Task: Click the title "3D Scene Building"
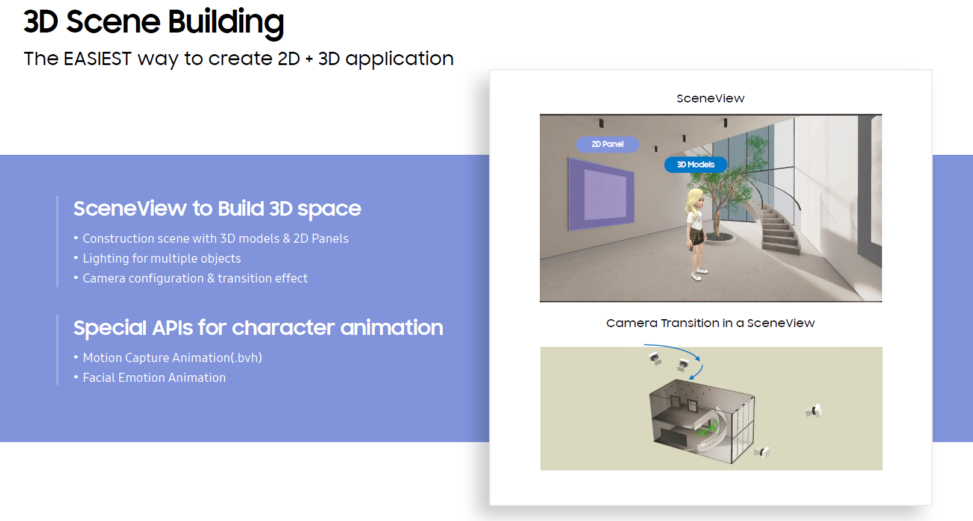(x=154, y=22)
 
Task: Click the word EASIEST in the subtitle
(x=97, y=59)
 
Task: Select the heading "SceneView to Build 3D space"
(x=217, y=208)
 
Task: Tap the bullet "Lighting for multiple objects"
(x=161, y=258)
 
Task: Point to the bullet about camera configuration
(x=195, y=278)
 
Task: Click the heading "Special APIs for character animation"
(x=258, y=328)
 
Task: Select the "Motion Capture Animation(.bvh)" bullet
(x=172, y=358)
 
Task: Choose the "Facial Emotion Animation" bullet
(x=154, y=378)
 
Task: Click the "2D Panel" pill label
(x=607, y=144)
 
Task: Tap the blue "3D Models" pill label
(x=695, y=164)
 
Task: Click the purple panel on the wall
(x=601, y=194)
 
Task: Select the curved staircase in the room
(x=779, y=226)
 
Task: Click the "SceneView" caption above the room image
(x=710, y=98)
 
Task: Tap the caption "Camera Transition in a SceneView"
(x=710, y=323)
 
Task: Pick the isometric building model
(x=702, y=422)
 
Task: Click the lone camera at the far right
(x=814, y=411)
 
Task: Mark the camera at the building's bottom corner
(x=763, y=452)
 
